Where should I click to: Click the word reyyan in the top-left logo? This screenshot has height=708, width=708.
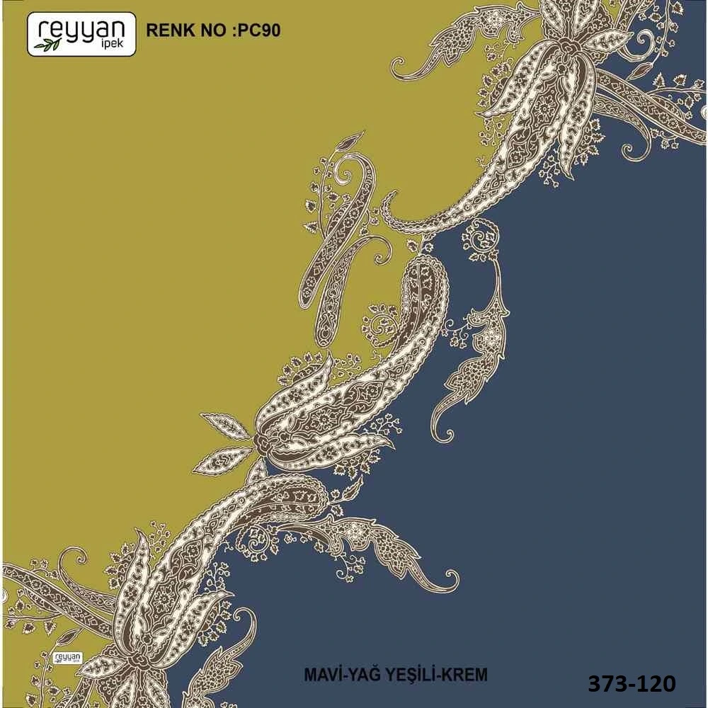[81, 29]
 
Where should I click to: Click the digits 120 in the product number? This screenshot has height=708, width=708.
[655, 683]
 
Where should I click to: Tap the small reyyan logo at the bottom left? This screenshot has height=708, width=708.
[68, 657]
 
